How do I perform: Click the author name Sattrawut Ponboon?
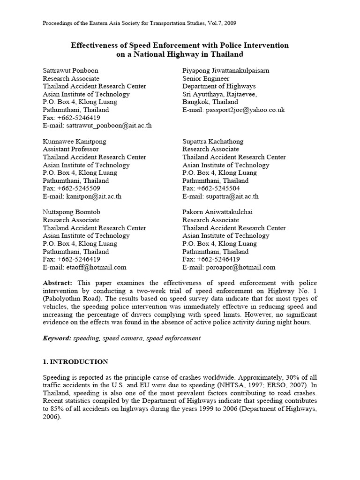point(70,70)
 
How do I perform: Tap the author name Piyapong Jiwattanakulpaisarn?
point(226,70)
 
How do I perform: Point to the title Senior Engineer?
point(206,78)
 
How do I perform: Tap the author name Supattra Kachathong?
point(213,141)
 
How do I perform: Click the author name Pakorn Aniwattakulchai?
point(217,212)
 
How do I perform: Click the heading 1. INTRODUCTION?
point(75,362)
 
